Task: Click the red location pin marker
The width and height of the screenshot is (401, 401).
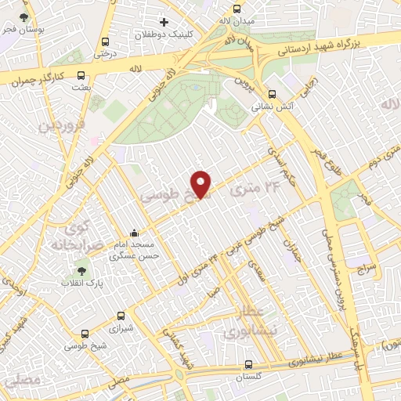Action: (x=201, y=183)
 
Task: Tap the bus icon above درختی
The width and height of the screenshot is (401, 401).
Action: (x=105, y=42)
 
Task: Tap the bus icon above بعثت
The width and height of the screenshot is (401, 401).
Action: (x=81, y=75)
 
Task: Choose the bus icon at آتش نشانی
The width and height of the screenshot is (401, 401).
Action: (x=271, y=90)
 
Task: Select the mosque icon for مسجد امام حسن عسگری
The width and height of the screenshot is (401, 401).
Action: (x=135, y=233)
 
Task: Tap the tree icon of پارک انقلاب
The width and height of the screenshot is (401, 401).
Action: (x=82, y=271)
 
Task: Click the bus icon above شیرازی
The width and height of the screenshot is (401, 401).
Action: (x=120, y=316)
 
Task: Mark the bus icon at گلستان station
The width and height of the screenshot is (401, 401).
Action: (x=248, y=364)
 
